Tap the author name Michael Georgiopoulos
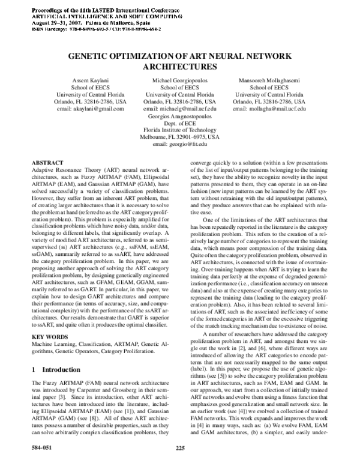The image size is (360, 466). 179,79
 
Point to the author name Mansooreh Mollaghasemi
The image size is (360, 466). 269,79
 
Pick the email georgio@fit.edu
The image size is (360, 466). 180,145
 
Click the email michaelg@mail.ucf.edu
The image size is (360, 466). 179,109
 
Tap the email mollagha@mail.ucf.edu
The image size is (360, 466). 269,109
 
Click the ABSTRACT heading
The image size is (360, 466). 47,163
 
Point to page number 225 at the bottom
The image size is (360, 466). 180,447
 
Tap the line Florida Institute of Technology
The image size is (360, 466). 180,130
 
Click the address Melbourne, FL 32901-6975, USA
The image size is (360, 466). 180,138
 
